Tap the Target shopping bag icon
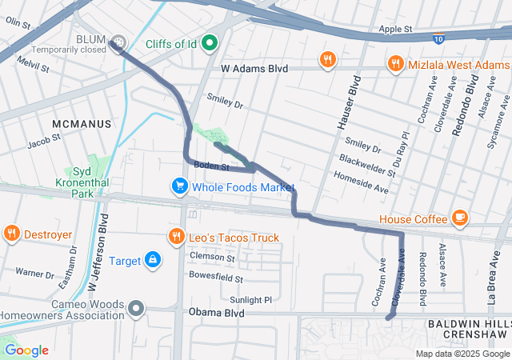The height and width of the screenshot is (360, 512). tap(152, 260)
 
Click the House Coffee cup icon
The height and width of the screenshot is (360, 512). tap(459, 218)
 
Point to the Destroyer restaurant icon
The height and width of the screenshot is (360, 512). tap(11, 234)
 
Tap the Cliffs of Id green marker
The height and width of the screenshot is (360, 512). tap(210, 42)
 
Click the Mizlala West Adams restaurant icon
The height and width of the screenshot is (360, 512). tap(394, 62)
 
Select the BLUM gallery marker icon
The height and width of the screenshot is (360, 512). tap(118, 41)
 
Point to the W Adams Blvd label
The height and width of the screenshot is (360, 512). tap(254, 70)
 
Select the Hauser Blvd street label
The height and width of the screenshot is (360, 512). tap(348, 99)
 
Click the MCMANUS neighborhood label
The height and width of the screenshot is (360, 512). tap(79, 124)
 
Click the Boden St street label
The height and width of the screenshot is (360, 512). tap(212, 167)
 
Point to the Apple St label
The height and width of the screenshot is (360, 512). tap(395, 30)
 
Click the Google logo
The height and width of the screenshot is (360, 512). tap(26, 350)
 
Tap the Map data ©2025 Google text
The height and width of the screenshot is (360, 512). tap(462, 354)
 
